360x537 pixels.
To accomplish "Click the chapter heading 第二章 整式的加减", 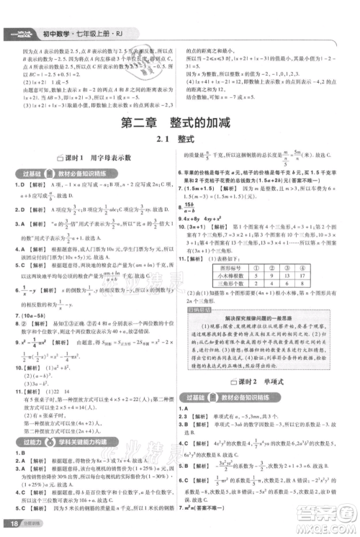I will (180, 124).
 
